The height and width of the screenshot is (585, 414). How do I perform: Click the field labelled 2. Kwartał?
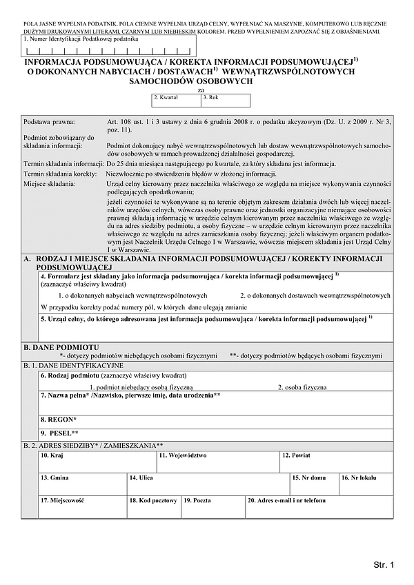tap(177, 101)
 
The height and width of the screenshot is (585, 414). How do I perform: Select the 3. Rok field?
tap(226, 101)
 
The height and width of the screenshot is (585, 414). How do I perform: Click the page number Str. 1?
tap(383, 564)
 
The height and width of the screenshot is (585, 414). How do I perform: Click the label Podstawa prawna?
tap(49, 121)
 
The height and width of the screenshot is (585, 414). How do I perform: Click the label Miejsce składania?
tap(51, 183)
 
